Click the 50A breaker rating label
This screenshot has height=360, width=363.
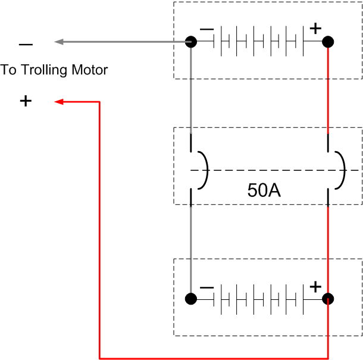264,190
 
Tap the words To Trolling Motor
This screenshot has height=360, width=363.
54,70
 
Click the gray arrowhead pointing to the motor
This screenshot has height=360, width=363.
58,42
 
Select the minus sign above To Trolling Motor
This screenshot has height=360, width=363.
26,44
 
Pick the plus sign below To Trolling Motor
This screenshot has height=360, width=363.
26,101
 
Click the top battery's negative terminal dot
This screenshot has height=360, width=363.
191,42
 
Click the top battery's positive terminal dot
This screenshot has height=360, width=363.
328,42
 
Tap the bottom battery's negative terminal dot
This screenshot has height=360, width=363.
191,299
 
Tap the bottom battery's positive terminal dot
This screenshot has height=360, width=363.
328,299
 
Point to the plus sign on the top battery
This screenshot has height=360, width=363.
315,28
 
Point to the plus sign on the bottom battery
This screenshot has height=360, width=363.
315,286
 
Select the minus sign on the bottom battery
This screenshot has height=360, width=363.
206,287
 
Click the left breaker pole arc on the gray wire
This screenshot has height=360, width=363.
204,170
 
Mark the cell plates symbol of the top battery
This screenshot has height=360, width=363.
260,42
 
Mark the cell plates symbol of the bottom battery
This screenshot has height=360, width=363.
260,299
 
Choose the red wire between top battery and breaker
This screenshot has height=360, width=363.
328,89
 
